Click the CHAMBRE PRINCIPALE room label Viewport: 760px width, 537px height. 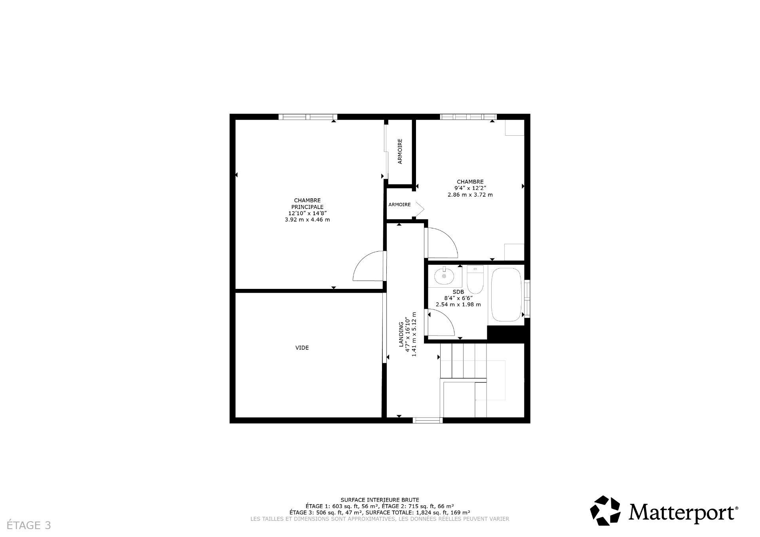[307, 203]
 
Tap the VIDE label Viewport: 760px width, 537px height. [302, 348]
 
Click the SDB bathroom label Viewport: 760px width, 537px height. [458, 292]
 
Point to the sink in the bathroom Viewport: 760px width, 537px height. [444, 276]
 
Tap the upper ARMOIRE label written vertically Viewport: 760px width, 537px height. [400, 151]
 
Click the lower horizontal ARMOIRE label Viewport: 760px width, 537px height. [399, 205]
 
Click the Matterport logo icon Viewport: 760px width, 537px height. [605, 510]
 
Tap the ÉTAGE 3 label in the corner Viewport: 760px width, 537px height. [29, 526]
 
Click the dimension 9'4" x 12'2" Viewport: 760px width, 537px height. [470, 188]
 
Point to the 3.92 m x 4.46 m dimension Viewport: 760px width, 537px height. [307, 220]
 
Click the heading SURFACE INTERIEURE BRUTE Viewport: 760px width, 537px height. [380, 500]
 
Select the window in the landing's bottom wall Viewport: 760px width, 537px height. [427, 420]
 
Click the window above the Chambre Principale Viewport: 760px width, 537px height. [308, 117]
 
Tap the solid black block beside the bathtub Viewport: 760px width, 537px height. [507, 334]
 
